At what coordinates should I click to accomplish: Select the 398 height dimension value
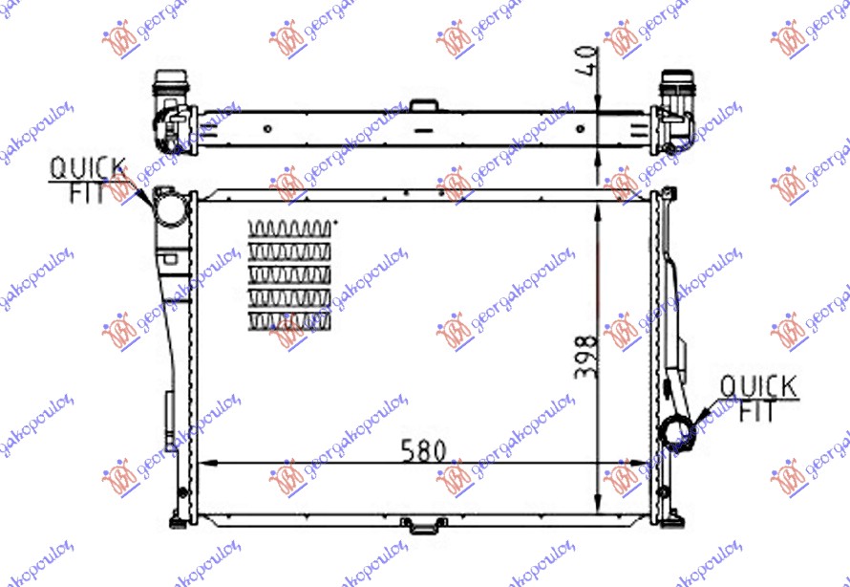(586, 356)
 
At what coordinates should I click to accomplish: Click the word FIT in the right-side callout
(757, 411)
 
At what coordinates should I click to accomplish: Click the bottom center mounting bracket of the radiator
(416, 525)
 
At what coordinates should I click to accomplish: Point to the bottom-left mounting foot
(178, 521)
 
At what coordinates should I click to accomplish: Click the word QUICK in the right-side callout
(757, 387)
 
